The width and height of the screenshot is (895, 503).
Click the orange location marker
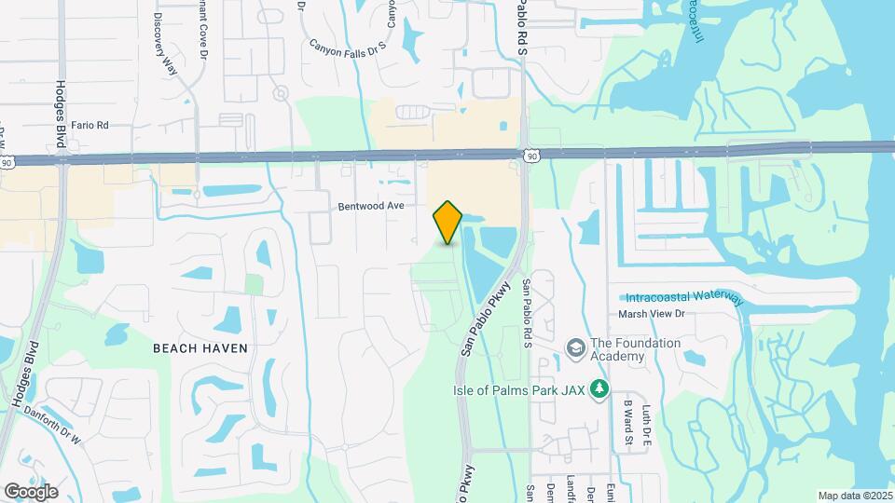[x=447, y=223]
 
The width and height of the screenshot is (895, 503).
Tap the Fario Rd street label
[x=90, y=124]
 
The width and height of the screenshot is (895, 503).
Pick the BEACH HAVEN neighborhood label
[x=200, y=347]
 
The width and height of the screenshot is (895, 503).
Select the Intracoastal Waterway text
[x=685, y=297]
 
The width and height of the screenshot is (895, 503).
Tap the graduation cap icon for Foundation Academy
[x=574, y=348]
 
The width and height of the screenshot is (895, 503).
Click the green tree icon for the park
[x=601, y=388]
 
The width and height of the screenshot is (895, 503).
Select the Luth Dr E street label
[x=645, y=421]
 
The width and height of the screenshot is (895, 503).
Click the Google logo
[x=31, y=491]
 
